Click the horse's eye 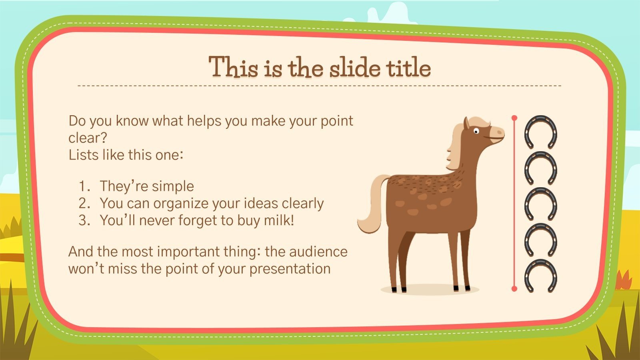coord(476,131)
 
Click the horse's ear coord(466,124)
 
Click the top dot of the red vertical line coord(514,118)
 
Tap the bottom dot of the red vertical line coord(514,289)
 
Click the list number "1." coord(84,186)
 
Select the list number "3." coord(84,220)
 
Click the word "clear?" coord(88,138)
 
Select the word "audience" coord(318,252)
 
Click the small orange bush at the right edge coord(624,280)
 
